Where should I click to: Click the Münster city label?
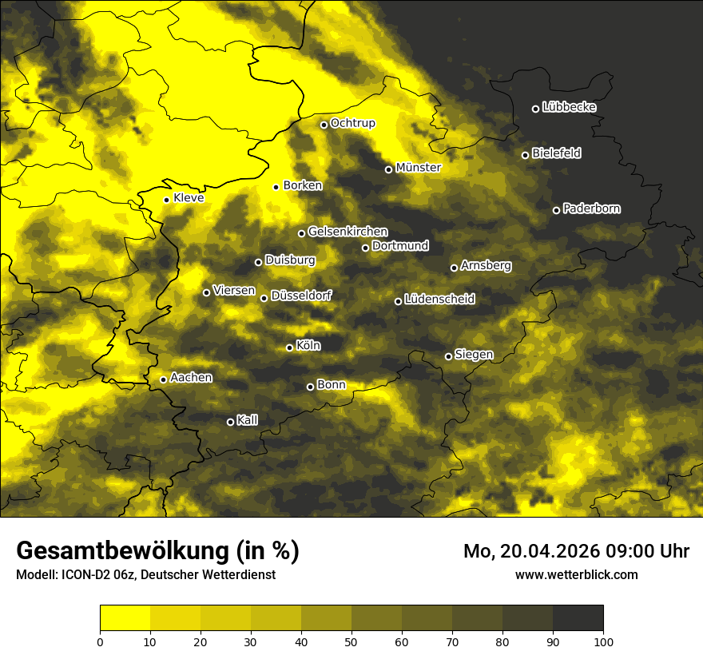[419, 169]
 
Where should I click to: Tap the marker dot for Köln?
[289, 347]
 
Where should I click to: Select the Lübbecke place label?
[569, 107]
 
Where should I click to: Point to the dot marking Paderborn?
[556, 210]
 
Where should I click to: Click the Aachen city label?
[191, 378]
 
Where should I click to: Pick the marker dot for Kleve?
[166, 200]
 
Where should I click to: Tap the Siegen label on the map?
[474, 355]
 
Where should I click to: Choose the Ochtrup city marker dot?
[324, 125]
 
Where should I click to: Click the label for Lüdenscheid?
[439, 300]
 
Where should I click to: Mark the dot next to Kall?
[230, 422]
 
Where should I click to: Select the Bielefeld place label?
[556, 153]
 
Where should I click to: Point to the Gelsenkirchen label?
[348, 232]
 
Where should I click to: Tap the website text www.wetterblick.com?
[576, 574]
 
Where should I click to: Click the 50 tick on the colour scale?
[351, 641]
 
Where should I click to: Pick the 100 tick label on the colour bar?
[603, 641]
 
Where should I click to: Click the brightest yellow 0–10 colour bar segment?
[125, 618]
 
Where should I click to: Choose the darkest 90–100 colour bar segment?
[578, 618]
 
